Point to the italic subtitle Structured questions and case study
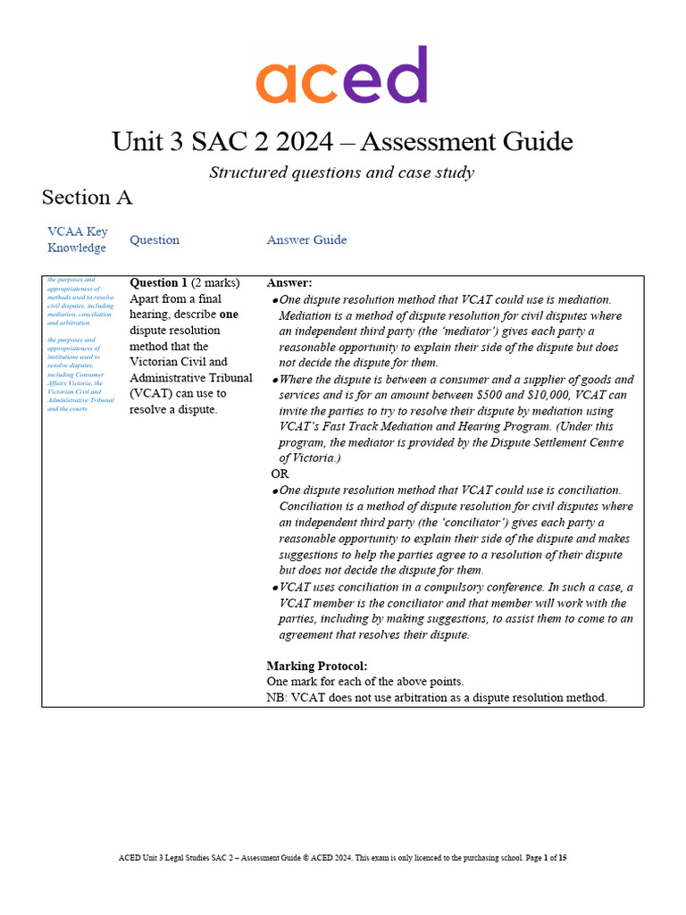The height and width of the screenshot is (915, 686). coord(341,172)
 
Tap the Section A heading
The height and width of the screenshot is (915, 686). coord(87,197)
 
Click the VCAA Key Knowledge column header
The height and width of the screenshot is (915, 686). coord(78,239)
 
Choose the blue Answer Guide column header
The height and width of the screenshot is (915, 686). coord(306,239)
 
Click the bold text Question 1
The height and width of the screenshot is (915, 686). coord(158,283)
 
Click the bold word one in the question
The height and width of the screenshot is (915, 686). coord(230,315)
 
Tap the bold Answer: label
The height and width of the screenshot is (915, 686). coord(289,283)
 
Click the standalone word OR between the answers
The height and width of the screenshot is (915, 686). coord(280,474)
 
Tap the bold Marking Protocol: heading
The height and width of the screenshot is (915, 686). coord(317,666)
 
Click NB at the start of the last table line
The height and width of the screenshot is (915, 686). coord(276,698)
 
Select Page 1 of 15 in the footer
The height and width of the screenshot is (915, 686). coord(543,858)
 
